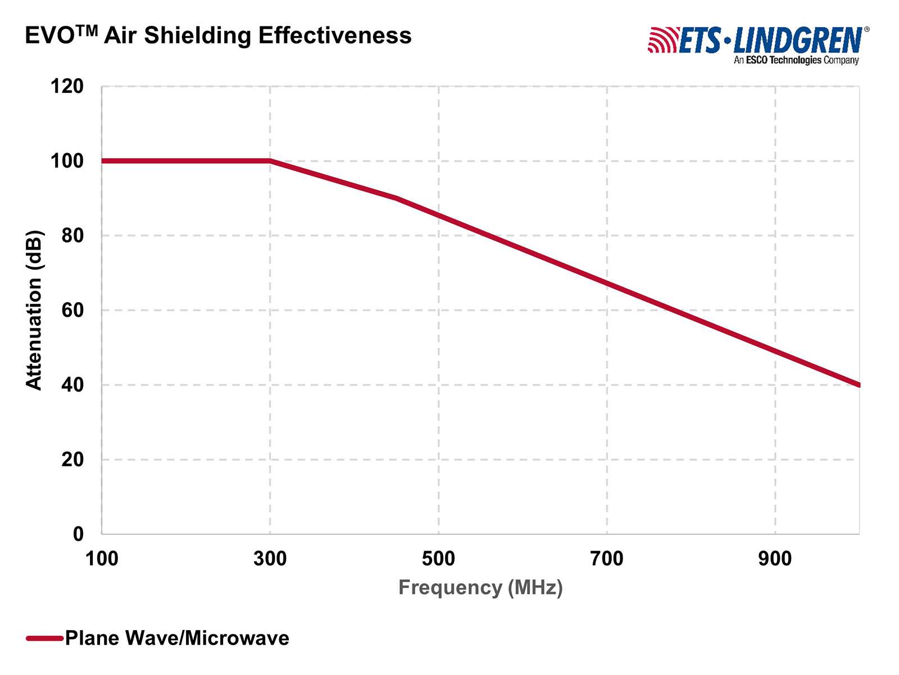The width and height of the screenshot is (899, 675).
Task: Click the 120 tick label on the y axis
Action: pos(67,87)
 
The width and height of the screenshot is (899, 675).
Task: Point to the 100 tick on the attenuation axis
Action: pos(67,161)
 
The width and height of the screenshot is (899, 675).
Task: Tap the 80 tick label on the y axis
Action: pos(72,236)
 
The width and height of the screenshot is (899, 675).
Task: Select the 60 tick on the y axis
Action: pos(72,310)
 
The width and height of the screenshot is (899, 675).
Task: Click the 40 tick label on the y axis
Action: pos(72,385)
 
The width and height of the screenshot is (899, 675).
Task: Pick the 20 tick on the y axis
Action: pos(72,460)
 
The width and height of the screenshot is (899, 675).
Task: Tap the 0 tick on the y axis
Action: pos(78,534)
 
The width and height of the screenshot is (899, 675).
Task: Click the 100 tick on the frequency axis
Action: pos(102,559)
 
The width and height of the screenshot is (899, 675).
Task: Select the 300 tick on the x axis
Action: pos(270,559)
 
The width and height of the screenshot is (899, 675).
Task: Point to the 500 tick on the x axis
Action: pos(438,559)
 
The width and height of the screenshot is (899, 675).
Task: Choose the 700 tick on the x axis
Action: pos(607,559)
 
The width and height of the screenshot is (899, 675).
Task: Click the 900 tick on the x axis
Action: pos(775,559)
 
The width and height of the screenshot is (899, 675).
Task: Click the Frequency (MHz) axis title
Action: pos(480,588)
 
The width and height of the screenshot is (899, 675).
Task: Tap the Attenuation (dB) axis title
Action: pos(34,310)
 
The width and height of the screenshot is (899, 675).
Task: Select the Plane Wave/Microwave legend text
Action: pos(177,638)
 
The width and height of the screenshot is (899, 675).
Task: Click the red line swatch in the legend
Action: pos(44,638)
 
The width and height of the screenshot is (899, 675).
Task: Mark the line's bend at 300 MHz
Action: pos(270,161)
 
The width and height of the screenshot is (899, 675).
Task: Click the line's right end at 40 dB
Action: pos(858,385)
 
